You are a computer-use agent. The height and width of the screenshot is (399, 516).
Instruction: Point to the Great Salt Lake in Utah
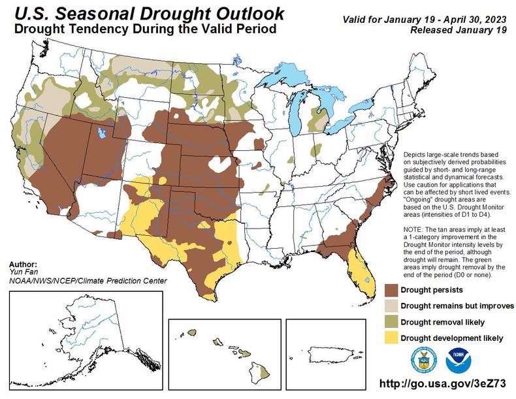click(x=101, y=133)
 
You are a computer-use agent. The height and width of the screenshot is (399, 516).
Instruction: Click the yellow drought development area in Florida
click(x=360, y=268)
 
